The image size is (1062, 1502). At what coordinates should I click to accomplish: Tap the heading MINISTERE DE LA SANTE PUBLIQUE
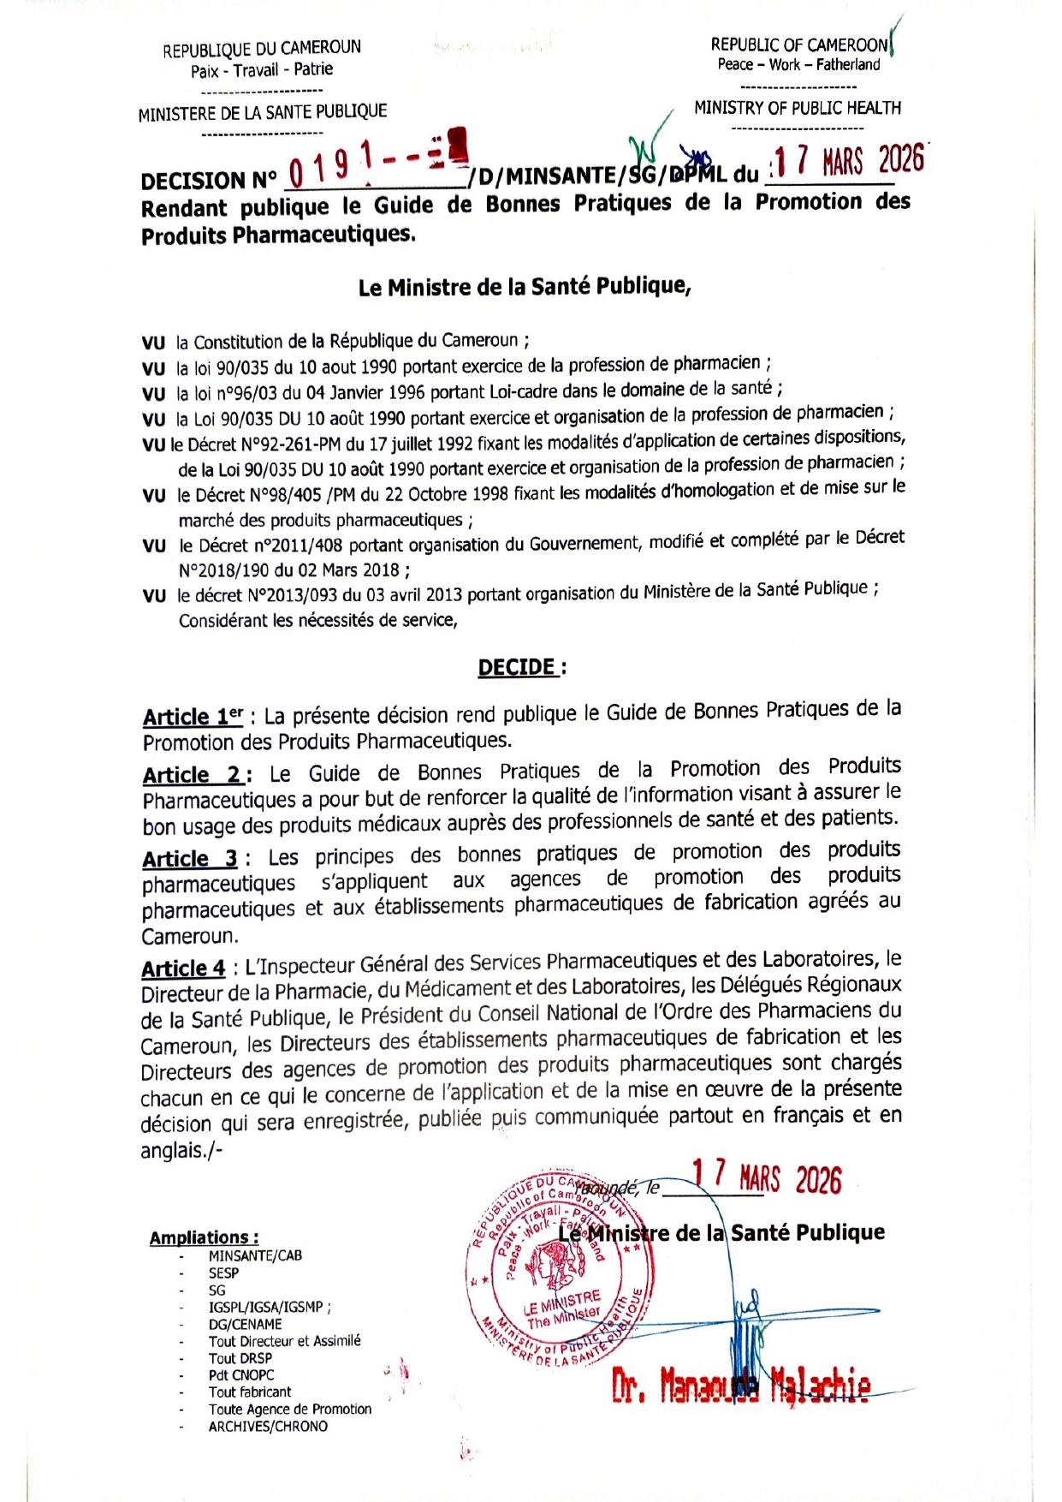(263, 111)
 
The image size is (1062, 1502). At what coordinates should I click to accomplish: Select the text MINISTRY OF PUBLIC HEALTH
(797, 108)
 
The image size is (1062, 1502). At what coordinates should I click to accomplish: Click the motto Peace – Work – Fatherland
(798, 65)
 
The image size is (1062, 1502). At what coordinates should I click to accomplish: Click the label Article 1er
(193, 717)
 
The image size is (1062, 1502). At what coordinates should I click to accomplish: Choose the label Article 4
(183, 969)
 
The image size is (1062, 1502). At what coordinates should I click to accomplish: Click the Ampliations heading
(204, 1237)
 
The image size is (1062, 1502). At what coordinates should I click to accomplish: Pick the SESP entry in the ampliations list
(223, 1273)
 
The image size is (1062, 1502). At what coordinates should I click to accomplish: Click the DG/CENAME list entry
(245, 1324)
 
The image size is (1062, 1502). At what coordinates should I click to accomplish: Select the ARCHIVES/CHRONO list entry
(268, 1426)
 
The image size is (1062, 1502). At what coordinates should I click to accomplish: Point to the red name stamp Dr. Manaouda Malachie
(741, 1385)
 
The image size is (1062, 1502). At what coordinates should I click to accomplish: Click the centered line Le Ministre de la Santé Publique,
(524, 287)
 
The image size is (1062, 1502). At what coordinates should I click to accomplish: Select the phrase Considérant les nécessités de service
(317, 620)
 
